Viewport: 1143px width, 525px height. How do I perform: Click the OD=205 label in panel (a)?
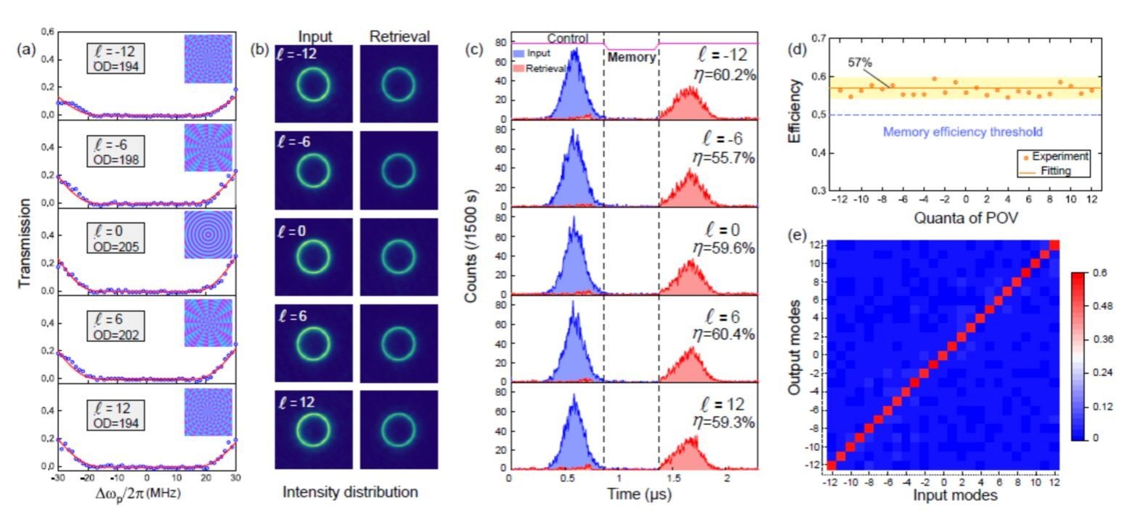pyautogui.click(x=116, y=247)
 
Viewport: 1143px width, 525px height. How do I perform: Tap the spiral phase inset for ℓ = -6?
pyautogui.click(x=208, y=147)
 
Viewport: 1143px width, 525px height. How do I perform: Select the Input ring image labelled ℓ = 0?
pyautogui.click(x=314, y=256)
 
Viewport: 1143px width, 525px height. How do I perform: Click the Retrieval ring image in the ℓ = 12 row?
pyautogui.click(x=399, y=429)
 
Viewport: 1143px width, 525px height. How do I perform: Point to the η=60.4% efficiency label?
pyautogui.click(x=724, y=335)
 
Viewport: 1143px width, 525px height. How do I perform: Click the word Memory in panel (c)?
pyautogui.click(x=631, y=57)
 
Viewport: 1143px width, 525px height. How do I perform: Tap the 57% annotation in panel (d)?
pyautogui.click(x=860, y=63)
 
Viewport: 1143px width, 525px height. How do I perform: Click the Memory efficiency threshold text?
pyautogui.click(x=962, y=131)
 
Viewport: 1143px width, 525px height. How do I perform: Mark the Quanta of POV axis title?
pyautogui.click(x=966, y=218)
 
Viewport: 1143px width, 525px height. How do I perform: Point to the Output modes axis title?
pyautogui.click(x=795, y=347)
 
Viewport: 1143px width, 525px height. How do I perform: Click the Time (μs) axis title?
pyautogui.click(x=638, y=495)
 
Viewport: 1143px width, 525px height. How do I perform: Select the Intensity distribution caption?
pyautogui.click(x=350, y=492)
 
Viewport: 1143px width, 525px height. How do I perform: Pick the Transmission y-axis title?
pyautogui.click(x=25, y=243)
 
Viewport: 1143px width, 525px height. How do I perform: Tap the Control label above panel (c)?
pyautogui.click(x=567, y=38)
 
